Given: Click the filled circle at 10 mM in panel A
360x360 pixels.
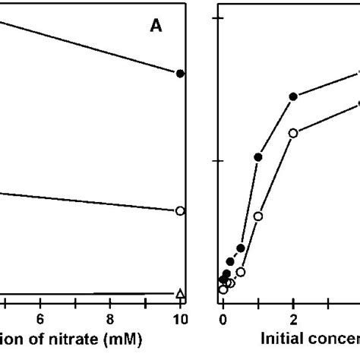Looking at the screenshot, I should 180,74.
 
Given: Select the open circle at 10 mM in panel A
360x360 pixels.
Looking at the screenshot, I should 180,210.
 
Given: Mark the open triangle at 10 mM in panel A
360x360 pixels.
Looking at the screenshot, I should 180,293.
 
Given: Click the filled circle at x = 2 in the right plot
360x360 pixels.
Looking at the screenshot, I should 293,96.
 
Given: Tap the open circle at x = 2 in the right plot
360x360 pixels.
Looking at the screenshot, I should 293,133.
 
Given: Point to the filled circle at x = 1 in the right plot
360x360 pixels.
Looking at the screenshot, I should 258,157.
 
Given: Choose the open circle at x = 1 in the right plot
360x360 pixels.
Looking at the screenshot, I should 258,216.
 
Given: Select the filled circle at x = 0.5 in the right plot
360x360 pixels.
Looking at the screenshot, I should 241,248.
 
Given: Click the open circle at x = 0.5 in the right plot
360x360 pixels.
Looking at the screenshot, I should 241,272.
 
